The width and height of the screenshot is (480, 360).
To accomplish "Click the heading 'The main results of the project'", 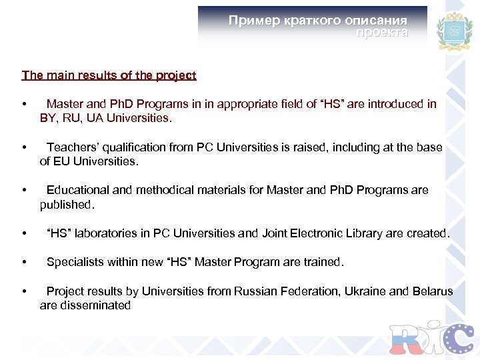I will [x=109, y=75].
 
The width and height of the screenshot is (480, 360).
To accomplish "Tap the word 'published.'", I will [x=67, y=205].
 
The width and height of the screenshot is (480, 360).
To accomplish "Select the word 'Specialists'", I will [x=74, y=262].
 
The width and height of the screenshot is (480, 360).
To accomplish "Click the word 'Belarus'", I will [x=433, y=291].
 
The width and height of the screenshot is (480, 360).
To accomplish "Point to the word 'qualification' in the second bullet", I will [x=131, y=147].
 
